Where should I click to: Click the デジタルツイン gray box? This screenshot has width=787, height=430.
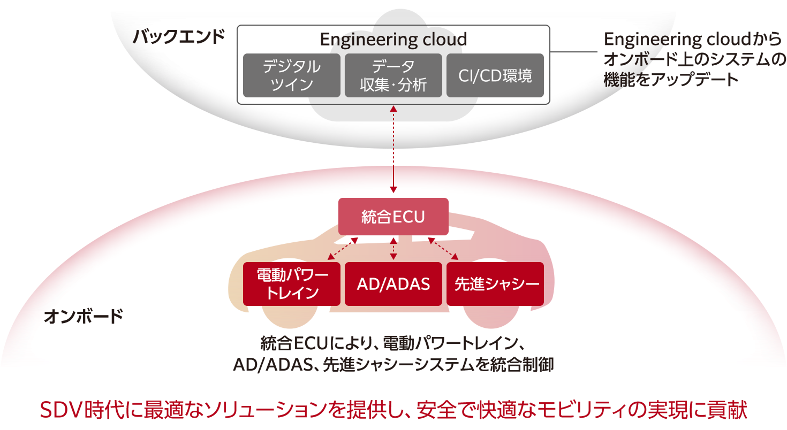pos(291,75)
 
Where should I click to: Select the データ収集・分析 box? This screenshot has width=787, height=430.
pos(393,75)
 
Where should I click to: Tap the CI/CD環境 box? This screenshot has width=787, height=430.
pos(495,75)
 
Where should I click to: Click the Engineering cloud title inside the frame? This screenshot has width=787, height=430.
pos(393,39)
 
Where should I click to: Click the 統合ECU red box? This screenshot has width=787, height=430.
pos(393,217)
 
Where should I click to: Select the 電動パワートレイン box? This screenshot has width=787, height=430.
pos(291,284)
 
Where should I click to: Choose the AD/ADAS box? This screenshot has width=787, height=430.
pos(393,284)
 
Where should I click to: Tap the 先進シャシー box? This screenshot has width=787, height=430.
pos(495,284)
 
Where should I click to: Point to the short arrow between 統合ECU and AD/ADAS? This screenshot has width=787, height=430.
pos(393,249)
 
